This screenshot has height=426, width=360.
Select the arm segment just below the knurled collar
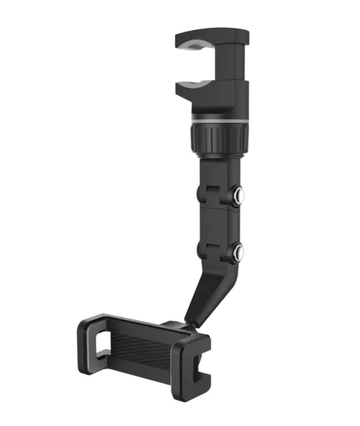220,169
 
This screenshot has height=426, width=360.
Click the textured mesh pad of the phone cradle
140,350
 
